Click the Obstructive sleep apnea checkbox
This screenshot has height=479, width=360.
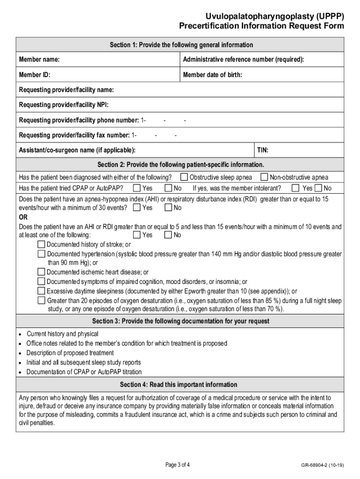point(184,177)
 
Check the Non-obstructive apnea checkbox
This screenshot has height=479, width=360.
point(264,177)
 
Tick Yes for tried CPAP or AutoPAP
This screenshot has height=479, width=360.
point(137,188)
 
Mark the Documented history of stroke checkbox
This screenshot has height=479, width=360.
point(42,244)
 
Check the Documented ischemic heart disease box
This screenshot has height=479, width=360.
point(42,272)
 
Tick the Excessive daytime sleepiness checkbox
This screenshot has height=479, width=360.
point(42,290)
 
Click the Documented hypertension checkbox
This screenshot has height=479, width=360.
point(42,254)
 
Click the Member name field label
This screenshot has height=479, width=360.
point(39,59)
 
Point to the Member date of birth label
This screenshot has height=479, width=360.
point(212,75)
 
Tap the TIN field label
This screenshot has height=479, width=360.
point(262,150)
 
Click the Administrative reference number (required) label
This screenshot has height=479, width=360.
point(243,59)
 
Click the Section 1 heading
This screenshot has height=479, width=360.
point(181,45)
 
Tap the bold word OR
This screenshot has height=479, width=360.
point(23,217)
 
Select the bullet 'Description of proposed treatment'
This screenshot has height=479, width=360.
point(70,353)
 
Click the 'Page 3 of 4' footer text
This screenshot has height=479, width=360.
point(178,464)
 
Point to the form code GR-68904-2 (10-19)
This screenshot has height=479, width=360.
point(323,465)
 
